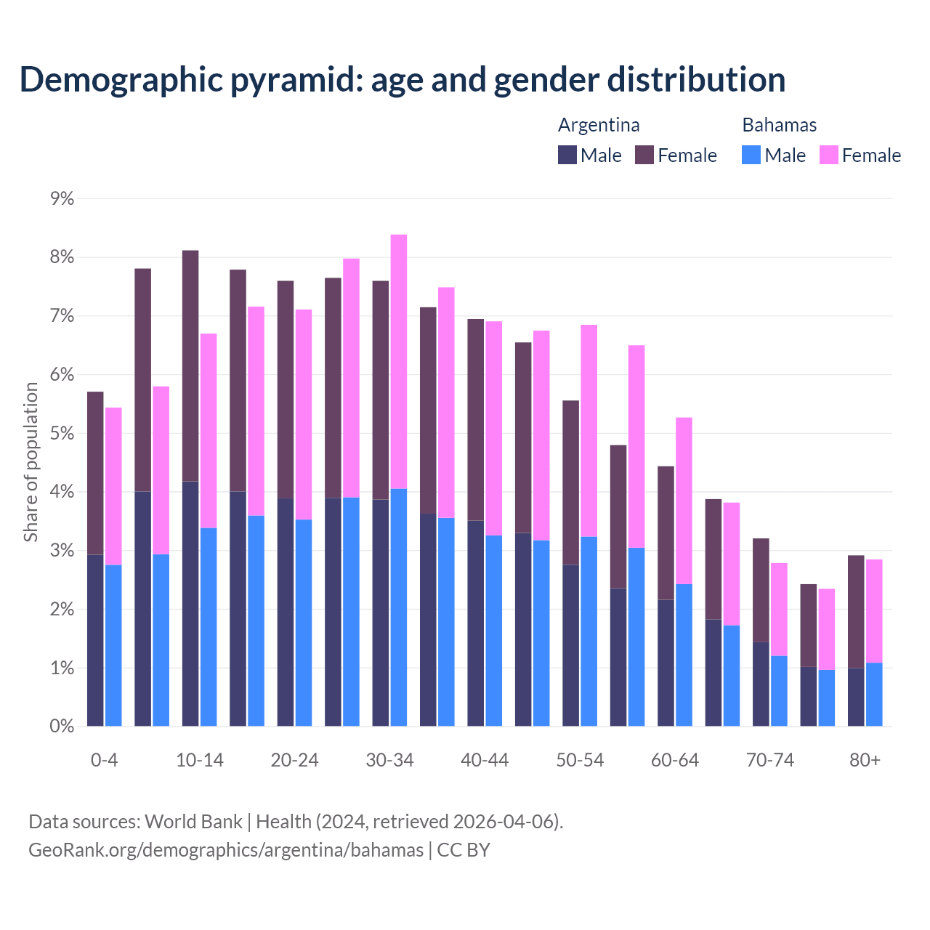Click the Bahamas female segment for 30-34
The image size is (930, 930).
coord(399,361)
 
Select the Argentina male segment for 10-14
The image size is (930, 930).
coord(190,603)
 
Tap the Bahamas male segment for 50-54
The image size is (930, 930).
coord(589,631)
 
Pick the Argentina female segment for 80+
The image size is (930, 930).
coord(856,611)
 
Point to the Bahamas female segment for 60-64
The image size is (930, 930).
coord(684,500)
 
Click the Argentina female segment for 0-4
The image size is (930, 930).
coord(95,472)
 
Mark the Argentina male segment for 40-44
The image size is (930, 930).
coord(476,623)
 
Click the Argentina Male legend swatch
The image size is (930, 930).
coord(567,155)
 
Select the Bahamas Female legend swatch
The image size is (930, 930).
coord(829,155)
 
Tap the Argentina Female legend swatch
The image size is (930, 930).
coord(644,155)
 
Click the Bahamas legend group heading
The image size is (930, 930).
coord(779,125)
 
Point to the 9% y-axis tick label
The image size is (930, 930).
coord(62,198)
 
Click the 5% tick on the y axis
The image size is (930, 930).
coord(62,434)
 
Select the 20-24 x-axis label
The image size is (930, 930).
coord(294,760)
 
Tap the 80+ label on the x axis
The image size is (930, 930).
coord(865,760)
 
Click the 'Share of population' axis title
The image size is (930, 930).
coord(31,462)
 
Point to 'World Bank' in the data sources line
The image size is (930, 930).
coord(193,822)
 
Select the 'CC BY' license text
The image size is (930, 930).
coord(464,849)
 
